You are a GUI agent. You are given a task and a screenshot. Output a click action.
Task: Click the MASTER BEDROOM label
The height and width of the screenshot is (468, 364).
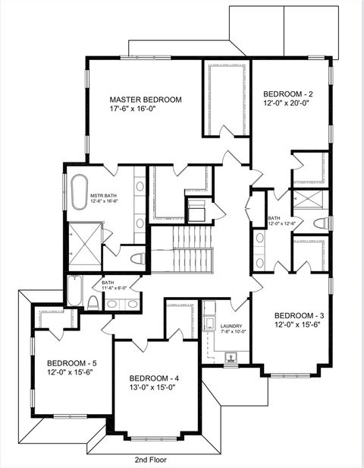click(145, 100)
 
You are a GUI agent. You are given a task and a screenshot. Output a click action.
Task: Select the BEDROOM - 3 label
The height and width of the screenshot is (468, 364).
click(299, 315)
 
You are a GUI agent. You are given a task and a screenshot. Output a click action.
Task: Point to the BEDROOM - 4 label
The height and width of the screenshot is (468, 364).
click(154, 378)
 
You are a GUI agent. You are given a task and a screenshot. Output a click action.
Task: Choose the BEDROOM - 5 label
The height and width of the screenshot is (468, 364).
click(71, 362)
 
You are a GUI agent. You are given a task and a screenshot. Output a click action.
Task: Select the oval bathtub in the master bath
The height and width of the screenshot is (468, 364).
click(79, 192)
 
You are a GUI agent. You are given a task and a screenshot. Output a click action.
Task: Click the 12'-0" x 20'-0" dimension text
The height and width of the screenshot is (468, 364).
click(291, 101)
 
